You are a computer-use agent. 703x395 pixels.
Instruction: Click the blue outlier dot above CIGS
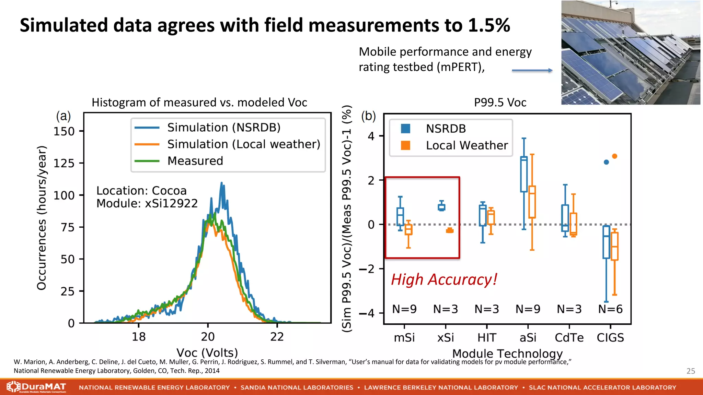606,162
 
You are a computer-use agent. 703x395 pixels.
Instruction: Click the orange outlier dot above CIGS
614,156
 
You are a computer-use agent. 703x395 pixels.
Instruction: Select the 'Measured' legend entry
195,161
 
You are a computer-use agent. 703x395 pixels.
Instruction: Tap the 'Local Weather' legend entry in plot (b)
466,145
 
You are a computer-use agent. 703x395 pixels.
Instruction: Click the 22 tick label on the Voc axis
277,337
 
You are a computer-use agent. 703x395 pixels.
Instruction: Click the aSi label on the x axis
528,338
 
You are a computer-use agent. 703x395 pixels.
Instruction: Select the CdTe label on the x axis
569,338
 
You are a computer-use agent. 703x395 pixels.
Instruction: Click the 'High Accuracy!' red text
444,279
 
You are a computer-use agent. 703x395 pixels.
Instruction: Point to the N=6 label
610,309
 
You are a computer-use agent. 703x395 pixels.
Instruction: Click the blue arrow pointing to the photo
532,70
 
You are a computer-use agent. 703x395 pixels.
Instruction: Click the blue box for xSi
441,207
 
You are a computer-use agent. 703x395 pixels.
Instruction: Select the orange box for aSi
532,202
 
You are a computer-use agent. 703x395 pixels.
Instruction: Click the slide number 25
691,371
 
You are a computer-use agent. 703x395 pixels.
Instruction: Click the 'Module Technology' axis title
507,353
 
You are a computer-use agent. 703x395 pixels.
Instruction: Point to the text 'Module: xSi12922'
147,203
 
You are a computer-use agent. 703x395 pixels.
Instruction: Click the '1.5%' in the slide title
489,25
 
